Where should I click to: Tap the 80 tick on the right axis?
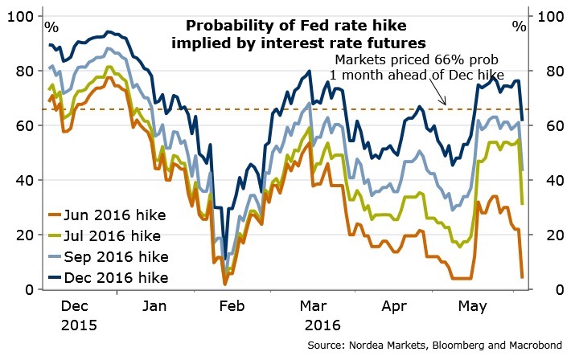point(544,71)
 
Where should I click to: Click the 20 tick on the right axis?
point(544,235)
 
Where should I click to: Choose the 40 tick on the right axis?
point(544,180)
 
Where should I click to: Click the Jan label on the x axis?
point(154,307)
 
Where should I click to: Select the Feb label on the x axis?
point(232,307)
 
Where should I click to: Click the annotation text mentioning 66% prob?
point(416,68)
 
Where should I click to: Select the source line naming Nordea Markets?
point(431,345)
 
